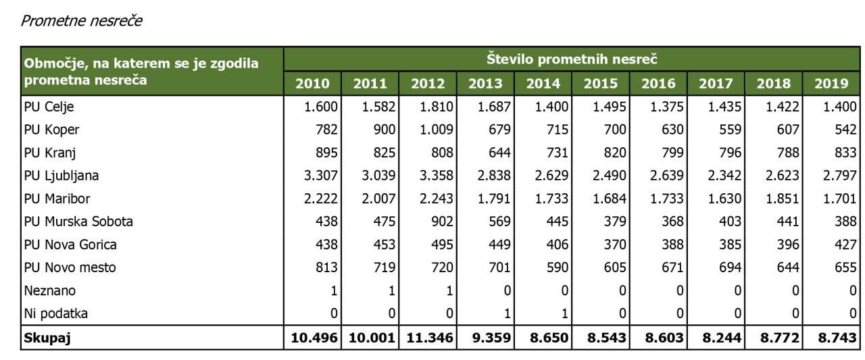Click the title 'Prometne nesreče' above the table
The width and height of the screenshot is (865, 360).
(81, 21)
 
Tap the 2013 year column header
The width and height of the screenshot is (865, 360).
(486, 83)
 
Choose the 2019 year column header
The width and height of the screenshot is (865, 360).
(831, 83)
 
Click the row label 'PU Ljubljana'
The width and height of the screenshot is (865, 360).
(61, 176)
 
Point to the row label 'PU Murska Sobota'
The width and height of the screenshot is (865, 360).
(78, 222)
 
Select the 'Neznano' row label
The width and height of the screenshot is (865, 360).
(49, 291)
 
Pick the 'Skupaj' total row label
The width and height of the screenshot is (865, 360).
(47, 338)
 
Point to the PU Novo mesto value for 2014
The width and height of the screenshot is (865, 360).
(551, 267)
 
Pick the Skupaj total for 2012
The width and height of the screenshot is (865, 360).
(426, 338)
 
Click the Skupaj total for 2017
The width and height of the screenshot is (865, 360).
(718, 338)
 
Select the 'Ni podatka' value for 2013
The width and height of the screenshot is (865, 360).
(508, 314)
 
